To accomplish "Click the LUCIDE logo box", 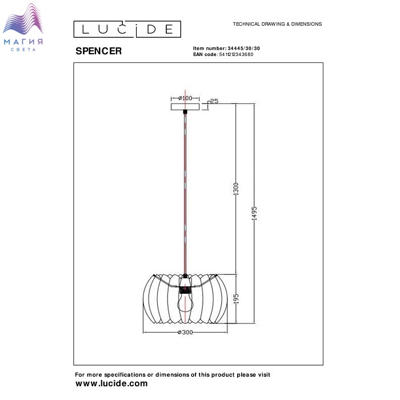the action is coord(127,29).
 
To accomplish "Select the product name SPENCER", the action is coord(98,51).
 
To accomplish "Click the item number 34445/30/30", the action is coord(243,48).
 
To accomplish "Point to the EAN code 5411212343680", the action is coord(236,54).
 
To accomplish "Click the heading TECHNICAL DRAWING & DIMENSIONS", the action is coord(277,24).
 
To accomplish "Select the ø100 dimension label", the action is coord(185,98).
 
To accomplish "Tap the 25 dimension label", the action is coord(214,101).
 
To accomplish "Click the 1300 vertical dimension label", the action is coord(236,189).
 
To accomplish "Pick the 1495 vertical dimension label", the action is coord(254,213).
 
